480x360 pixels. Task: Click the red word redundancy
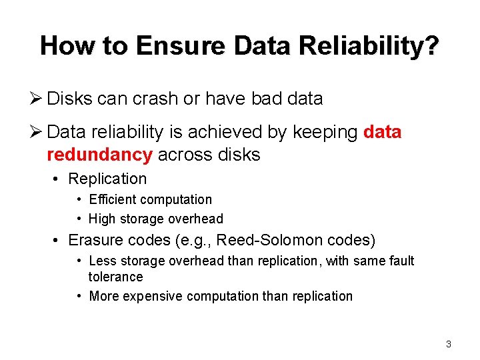point(99,155)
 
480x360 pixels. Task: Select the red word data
point(383,132)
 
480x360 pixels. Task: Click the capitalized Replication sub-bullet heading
point(107,179)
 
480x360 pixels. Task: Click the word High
point(102,219)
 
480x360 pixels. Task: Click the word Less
point(102,261)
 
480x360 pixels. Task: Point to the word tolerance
point(115,277)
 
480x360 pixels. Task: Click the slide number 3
point(448,344)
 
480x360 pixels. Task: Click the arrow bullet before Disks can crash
point(37,99)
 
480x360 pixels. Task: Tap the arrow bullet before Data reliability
point(37,132)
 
